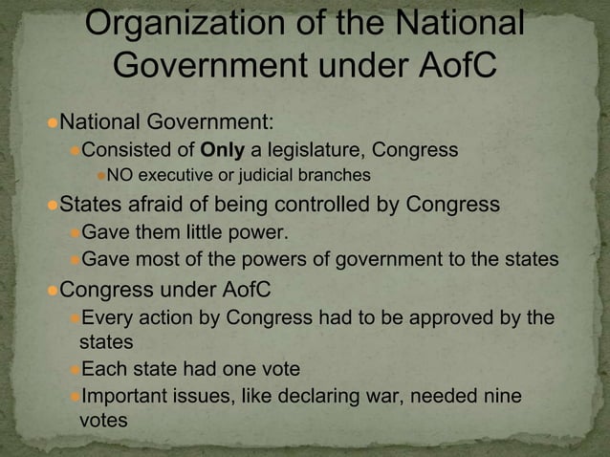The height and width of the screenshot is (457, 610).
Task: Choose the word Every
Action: click(x=110, y=316)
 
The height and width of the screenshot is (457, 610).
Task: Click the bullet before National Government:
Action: click(x=52, y=122)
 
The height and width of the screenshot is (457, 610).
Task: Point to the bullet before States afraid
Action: click(x=52, y=206)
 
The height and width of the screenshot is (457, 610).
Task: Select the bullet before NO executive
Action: click(x=98, y=177)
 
